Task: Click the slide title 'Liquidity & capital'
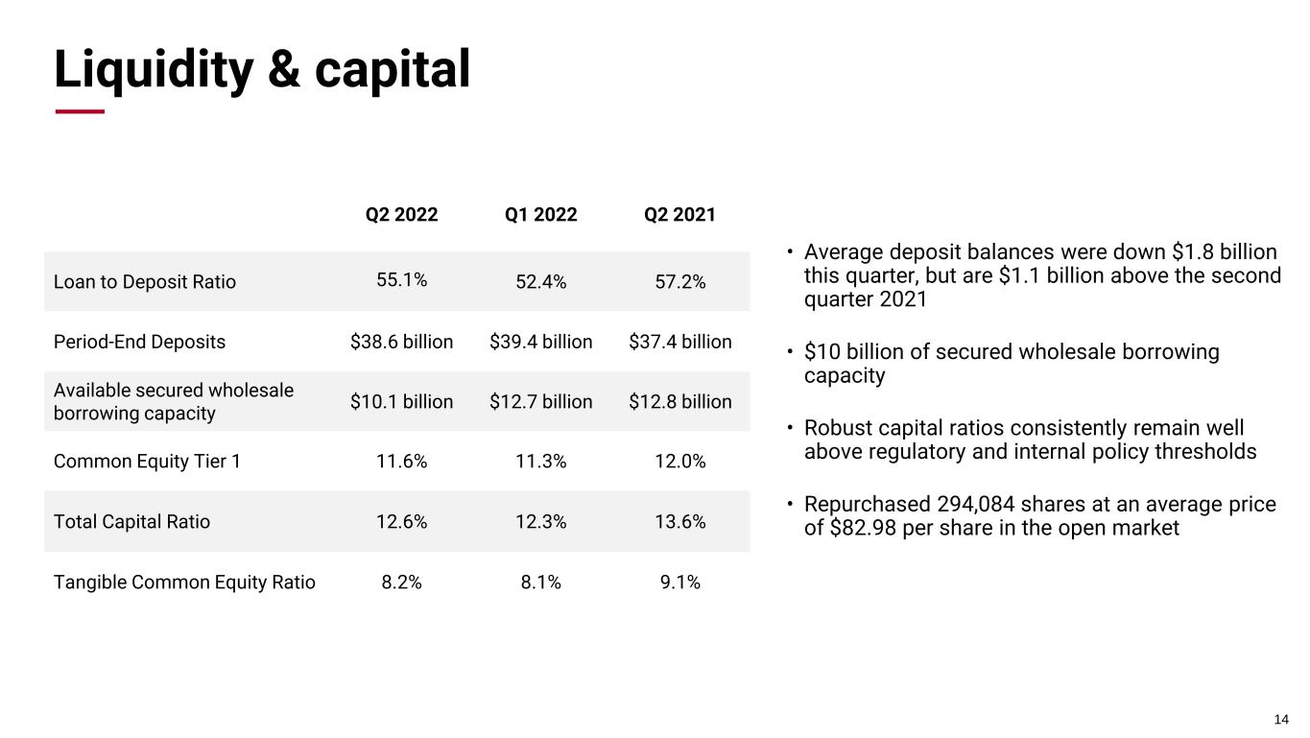click(262, 69)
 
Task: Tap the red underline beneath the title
click(80, 111)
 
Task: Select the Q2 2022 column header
click(401, 215)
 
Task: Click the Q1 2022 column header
click(541, 215)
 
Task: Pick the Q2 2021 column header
click(679, 215)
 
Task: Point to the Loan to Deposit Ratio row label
click(145, 282)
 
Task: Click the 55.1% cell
click(401, 280)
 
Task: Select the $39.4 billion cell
click(541, 342)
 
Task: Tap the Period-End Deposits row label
click(140, 342)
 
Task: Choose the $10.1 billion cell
click(401, 401)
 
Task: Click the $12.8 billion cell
click(679, 401)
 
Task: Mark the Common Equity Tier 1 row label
click(147, 462)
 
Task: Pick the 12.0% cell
click(679, 462)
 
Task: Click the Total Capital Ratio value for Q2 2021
click(679, 522)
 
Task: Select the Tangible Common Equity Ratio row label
click(184, 582)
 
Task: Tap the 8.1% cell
click(541, 582)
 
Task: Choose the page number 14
click(1281, 720)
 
